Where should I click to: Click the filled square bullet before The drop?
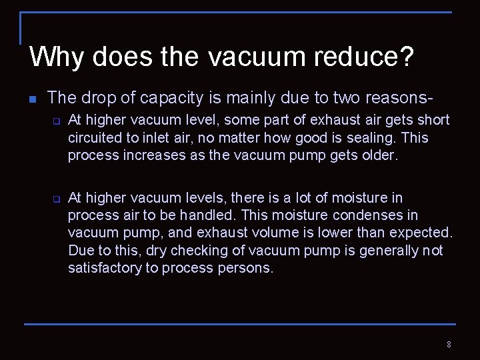32,99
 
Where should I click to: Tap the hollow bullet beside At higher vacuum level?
57,121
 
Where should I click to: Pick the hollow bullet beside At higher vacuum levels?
57,199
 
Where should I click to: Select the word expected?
421,233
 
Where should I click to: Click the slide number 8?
449,345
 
